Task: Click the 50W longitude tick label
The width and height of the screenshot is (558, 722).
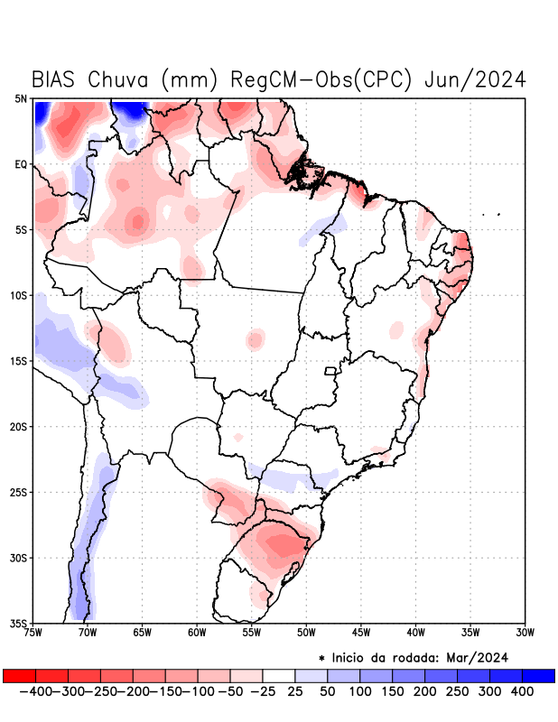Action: [306, 632]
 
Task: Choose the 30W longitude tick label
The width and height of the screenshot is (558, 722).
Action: [525, 632]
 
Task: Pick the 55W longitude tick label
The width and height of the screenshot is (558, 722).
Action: [252, 632]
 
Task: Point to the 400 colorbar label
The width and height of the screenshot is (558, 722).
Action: [521, 691]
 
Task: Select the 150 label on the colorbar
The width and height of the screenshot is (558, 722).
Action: [391, 691]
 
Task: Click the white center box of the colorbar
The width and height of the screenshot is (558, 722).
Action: [279, 675]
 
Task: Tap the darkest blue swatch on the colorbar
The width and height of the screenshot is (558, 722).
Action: [538, 675]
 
